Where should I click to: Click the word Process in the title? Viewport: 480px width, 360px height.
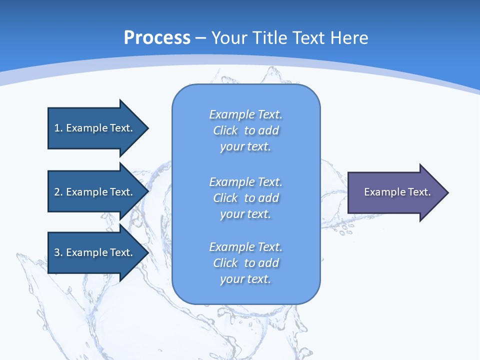(157, 38)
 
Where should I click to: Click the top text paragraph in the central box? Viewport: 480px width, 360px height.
(245, 130)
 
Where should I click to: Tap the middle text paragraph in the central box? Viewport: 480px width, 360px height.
(245, 198)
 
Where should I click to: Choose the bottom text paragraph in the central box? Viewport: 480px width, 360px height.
(245, 263)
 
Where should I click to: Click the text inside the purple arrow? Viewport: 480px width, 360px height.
(397, 192)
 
